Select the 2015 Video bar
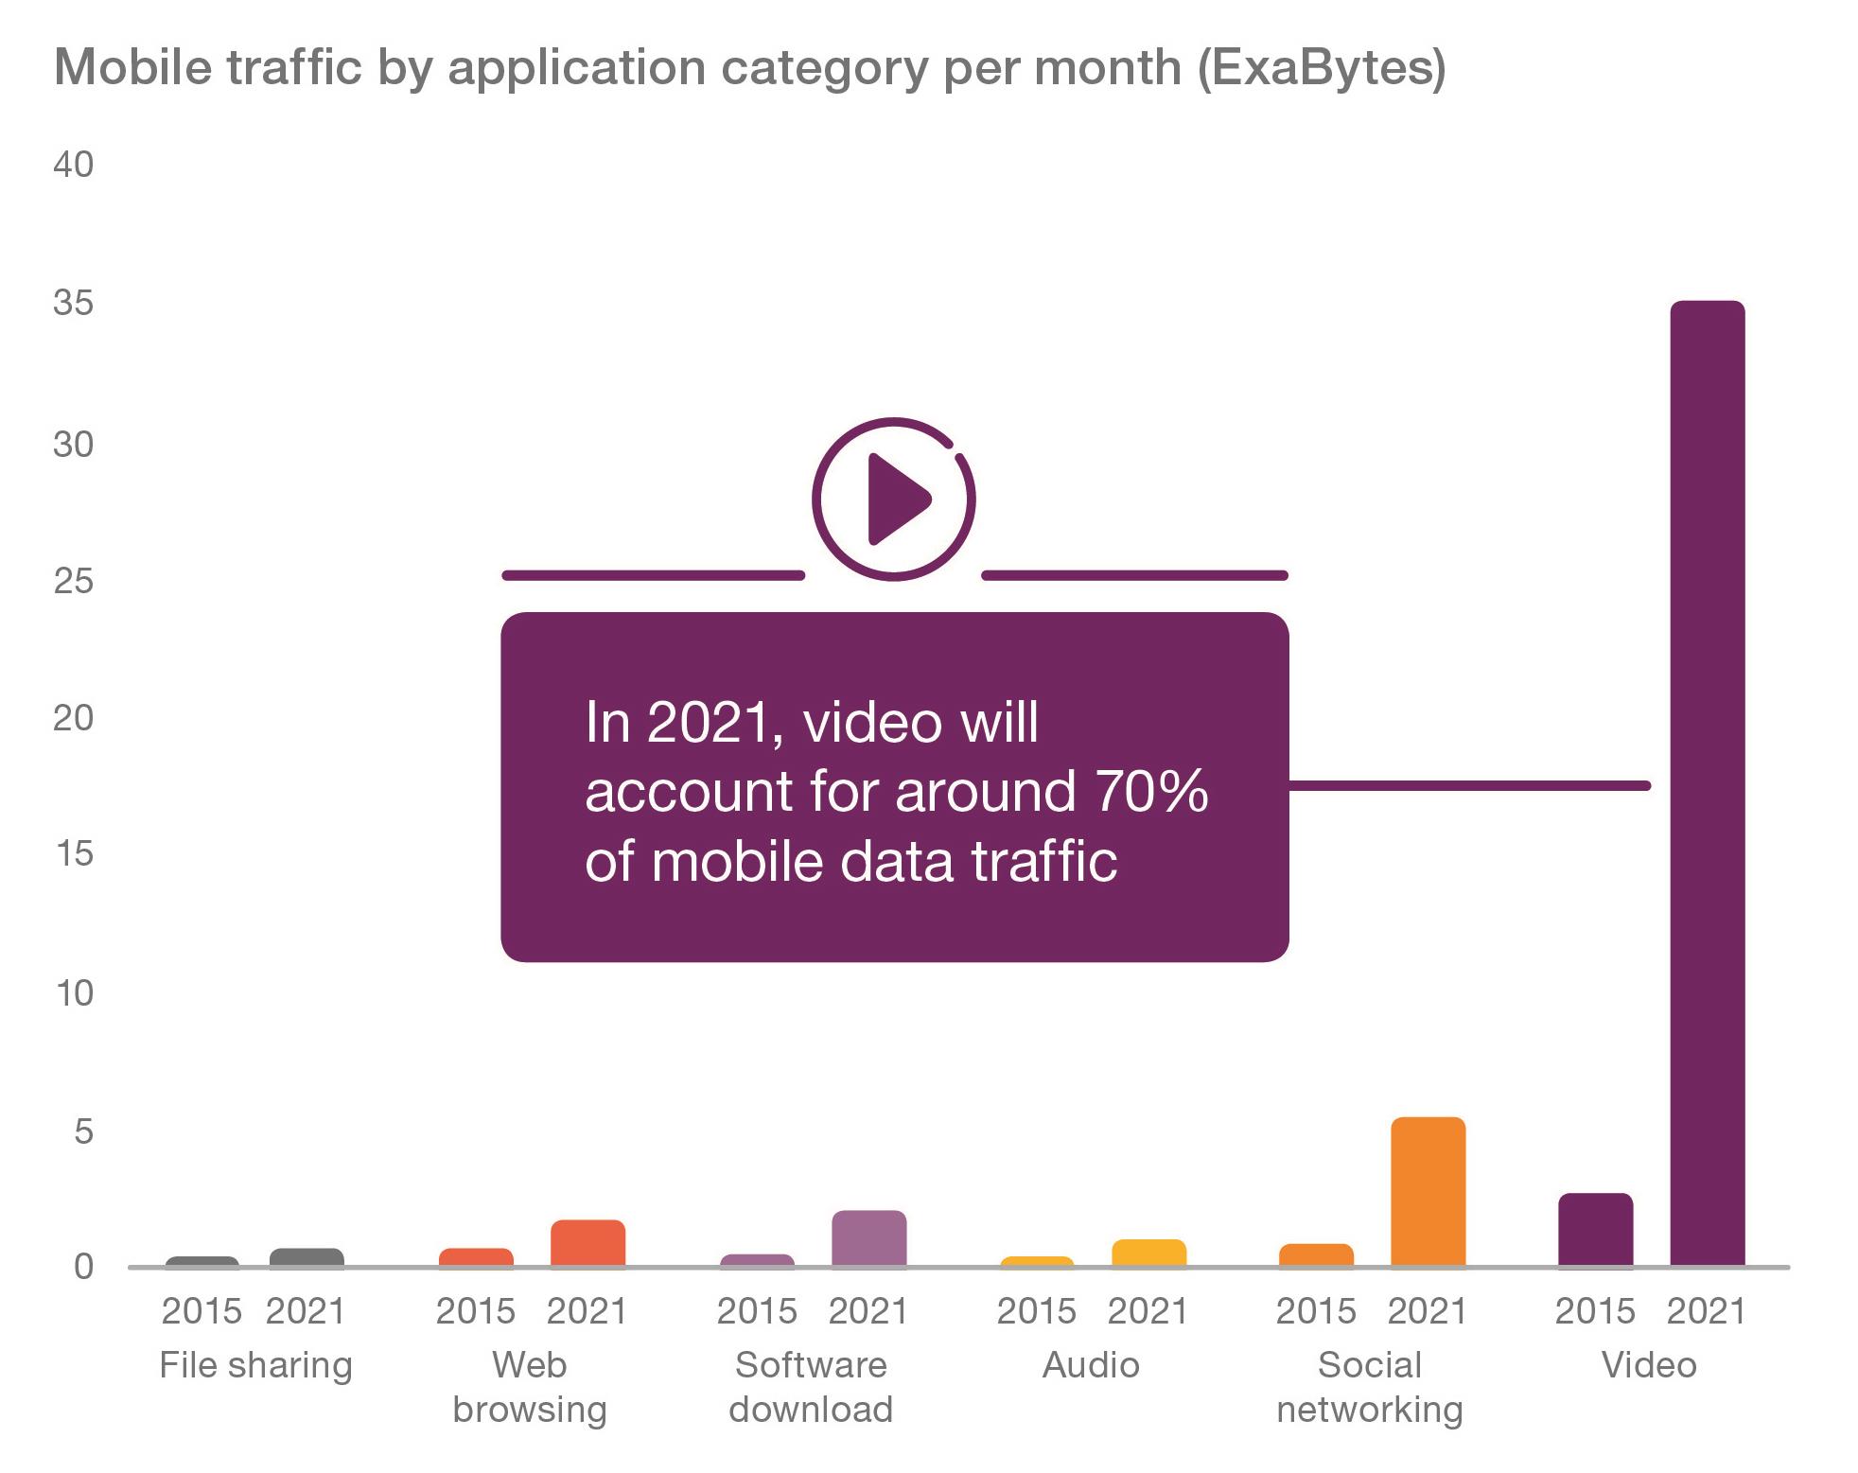(x=1595, y=1229)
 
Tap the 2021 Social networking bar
(x=1428, y=1191)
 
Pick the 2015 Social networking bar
(x=1316, y=1254)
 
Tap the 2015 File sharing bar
(x=202, y=1261)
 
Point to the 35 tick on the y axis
(x=74, y=304)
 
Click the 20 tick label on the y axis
(x=74, y=718)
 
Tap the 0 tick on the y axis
(x=83, y=1267)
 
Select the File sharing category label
(x=255, y=1365)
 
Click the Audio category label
(x=1091, y=1365)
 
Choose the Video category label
(x=1649, y=1365)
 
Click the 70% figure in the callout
(x=1152, y=791)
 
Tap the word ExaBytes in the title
(x=1322, y=68)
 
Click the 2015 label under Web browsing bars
(x=475, y=1311)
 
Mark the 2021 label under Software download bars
(x=868, y=1311)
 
